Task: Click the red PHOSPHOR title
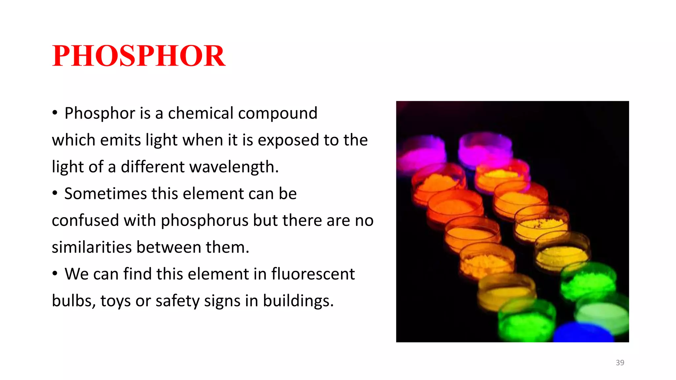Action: (139, 56)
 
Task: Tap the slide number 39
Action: (620, 363)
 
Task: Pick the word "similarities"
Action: (92, 247)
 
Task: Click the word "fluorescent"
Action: (313, 274)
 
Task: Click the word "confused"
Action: (85, 220)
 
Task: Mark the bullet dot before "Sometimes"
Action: (55, 193)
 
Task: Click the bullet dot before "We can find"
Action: (55, 273)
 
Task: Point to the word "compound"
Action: (278, 114)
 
